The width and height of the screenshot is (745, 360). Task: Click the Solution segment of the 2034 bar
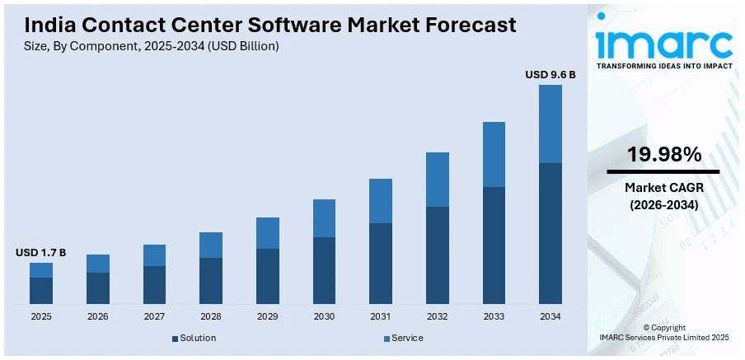coord(550,233)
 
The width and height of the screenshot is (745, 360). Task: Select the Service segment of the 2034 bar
coord(550,124)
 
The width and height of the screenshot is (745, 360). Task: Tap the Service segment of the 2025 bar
coord(41,270)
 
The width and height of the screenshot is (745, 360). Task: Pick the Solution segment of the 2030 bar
coord(324,270)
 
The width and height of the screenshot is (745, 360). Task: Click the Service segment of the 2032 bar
coord(437,180)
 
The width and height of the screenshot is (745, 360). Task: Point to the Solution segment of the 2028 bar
coord(211,280)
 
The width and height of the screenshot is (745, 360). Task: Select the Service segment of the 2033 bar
coord(494,154)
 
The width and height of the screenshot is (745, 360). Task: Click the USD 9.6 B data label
coord(550,75)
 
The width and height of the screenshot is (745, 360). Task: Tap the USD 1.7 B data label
coord(40,252)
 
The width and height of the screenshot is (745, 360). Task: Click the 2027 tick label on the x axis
coord(154,317)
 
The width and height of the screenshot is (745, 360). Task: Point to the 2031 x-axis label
coord(380,317)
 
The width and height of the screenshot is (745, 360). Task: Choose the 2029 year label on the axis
coord(267,317)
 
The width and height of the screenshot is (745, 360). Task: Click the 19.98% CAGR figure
coord(663,154)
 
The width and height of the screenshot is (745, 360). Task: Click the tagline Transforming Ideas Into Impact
coord(663,66)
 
